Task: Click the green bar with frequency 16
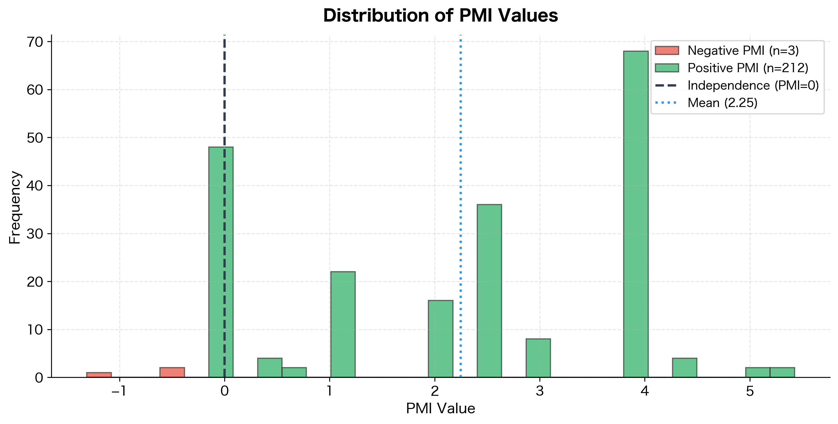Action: click(441, 339)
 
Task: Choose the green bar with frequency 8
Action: click(538, 358)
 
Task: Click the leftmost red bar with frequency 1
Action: click(99, 375)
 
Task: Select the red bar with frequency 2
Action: click(172, 372)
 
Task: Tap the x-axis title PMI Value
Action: click(441, 408)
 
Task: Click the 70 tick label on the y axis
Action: click(35, 42)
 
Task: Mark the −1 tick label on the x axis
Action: click(119, 391)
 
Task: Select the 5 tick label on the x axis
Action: click(750, 391)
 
